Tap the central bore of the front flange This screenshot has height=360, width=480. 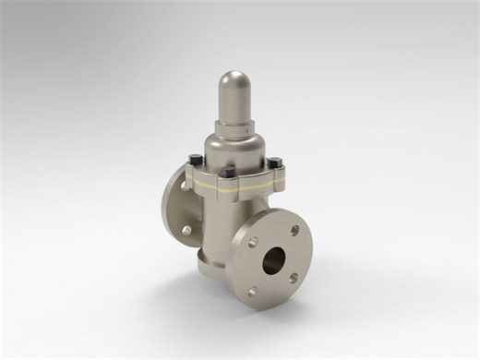274,259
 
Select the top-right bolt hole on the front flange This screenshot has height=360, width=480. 294,230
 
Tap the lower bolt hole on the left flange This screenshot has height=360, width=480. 185,230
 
